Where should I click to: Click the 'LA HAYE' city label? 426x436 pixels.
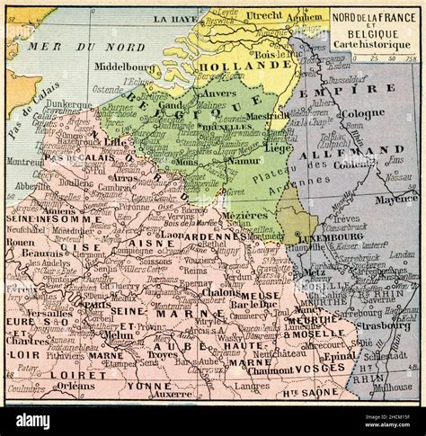[173, 18]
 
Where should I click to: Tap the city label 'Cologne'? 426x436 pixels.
[362, 112]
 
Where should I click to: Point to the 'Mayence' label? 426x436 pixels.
[395, 199]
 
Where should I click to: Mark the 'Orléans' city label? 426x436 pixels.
[75, 387]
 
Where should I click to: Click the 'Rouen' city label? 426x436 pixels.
[20, 242]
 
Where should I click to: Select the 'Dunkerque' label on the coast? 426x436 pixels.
[68, 104]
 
